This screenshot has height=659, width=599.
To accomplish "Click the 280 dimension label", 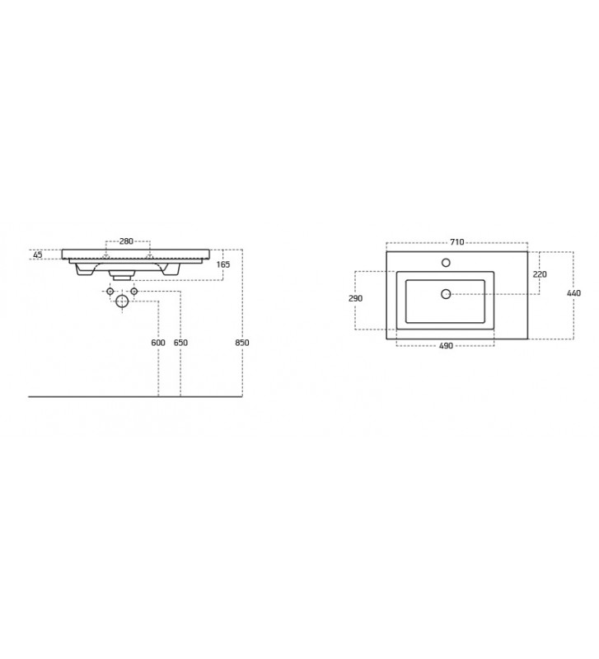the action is pyautogui.click(x=126, y=241).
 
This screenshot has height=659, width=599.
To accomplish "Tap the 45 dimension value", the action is pyautogui.click(x=38, y=255).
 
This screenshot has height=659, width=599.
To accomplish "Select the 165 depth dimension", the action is pyautogui.click(x=222, y=264).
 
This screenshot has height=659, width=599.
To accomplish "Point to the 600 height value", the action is pyautogui.click(x=158, y=343).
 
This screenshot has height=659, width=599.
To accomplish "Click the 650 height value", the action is pyautogui.click(x=180, y=343).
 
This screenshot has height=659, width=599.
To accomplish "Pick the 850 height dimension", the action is pyautogui.click(x=242, y=343).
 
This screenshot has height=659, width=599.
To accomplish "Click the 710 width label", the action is pyautogui.click(x=457, y=242).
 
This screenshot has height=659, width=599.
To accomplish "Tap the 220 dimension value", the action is pyautogui.click(x=540, y=274).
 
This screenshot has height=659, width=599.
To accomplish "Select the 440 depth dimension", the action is pyautogui.click(x=573, y=293).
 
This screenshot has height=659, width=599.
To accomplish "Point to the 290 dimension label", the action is pyautogui.click(x=356, y=298).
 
